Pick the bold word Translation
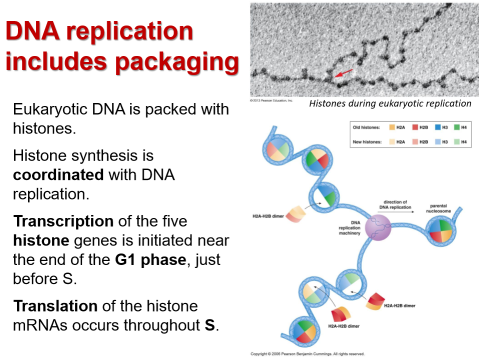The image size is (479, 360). [55, 305]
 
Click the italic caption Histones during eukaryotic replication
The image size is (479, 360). [390, 103]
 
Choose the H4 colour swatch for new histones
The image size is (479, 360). [455, 142]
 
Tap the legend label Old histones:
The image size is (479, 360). [366, 127]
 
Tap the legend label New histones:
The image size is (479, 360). [366, 142]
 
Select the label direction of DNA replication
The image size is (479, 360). [395, 204]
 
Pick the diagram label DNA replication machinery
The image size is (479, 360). [349, 228]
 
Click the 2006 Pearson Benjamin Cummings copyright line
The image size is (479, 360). [307, 354]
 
